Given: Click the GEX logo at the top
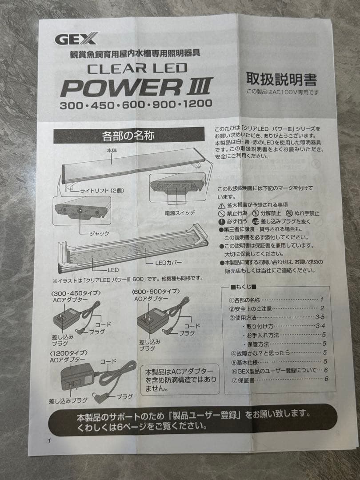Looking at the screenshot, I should click(x=76, y=39).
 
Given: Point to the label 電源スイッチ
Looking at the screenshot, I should click(x=180, y=213).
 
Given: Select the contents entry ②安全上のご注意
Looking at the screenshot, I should click(x=250, y=308).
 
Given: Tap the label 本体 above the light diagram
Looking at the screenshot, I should click(x=111, y=151).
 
